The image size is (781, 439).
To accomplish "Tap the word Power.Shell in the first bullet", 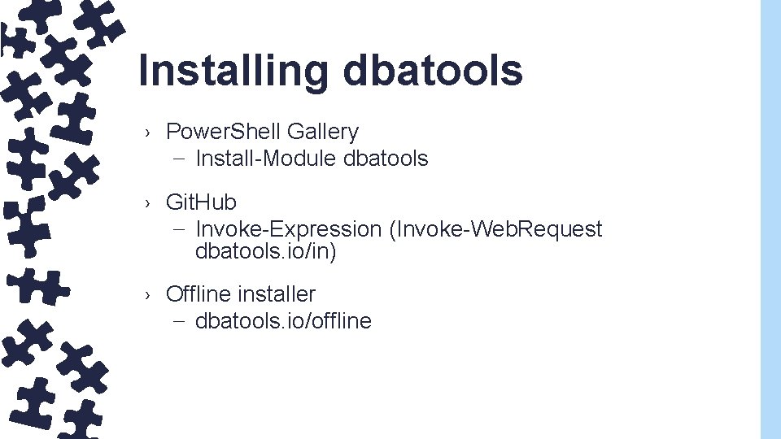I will coord(223,132).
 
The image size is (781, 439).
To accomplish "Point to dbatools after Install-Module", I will coord(386,159).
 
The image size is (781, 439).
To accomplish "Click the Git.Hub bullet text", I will coord(201,202).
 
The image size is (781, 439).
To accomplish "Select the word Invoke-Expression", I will coord(289,229).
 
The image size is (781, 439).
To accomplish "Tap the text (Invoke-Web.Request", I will coord(496,229).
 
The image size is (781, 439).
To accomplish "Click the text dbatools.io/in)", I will coord(266,252).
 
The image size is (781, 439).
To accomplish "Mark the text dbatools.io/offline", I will coord(283,321).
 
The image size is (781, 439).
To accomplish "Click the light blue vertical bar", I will coord(770,219).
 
